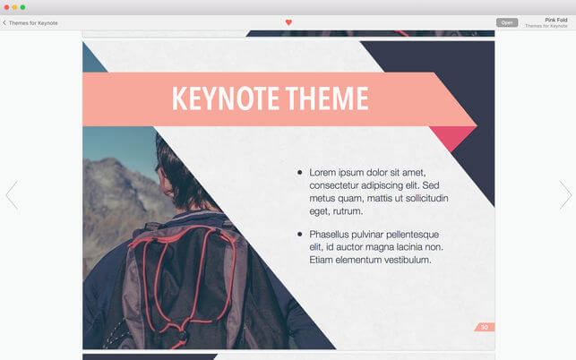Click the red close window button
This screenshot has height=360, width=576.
6,7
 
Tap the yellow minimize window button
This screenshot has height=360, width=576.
14,7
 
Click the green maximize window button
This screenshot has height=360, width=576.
22,7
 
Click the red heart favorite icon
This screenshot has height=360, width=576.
288,22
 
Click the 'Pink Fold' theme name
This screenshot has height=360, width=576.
556,20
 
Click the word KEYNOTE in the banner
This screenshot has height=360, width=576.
225,99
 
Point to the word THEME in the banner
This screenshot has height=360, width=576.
327,99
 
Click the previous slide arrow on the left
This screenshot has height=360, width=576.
12,194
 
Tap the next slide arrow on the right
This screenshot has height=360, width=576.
565,194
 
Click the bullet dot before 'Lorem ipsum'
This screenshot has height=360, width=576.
300,172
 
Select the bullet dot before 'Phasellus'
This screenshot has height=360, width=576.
300,234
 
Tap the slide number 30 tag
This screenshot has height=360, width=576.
484,327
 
